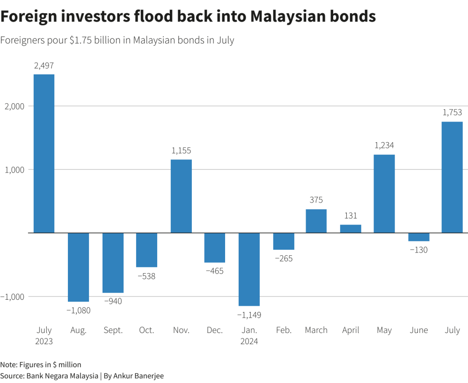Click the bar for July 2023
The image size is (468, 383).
[44, 153]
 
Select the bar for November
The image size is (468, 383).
[181, 196]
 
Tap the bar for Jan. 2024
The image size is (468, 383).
[249, 269]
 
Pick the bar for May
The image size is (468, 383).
[384, 194]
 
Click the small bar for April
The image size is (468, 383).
[351, 229]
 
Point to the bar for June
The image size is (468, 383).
[418, 237]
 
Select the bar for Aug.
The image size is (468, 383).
[79, 267]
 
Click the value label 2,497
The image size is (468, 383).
[44, 66]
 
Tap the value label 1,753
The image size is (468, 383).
[452, 113]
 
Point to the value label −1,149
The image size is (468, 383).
[249, 315]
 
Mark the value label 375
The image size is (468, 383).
[316, 200]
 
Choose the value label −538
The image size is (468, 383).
[146, 276]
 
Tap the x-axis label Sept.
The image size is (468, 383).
[113, 330]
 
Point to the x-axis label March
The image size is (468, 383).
[316, 330]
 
